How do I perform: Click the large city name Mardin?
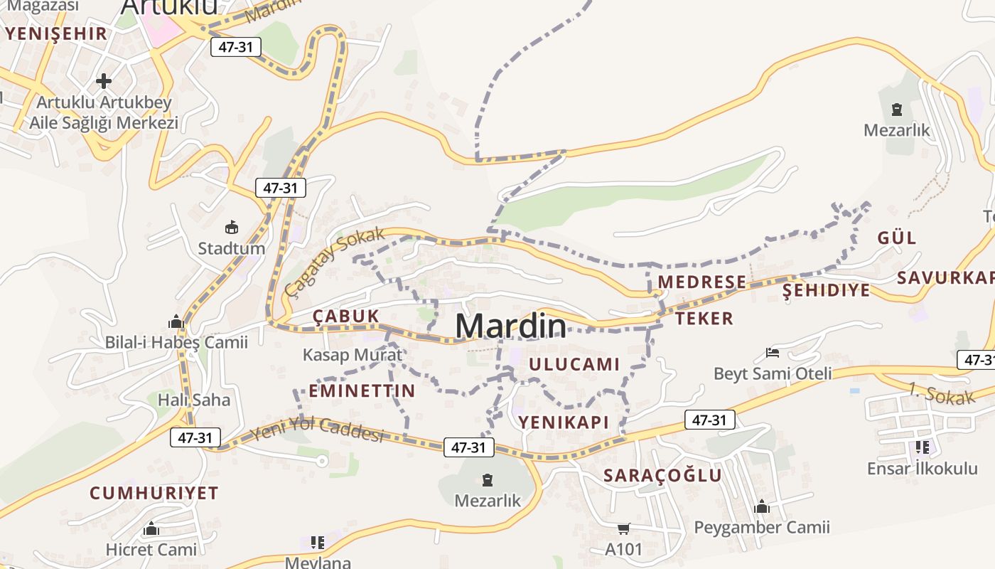[x=511, y=326]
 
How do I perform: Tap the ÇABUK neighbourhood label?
[x=346, y=316]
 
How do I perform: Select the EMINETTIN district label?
[x=362, y=390]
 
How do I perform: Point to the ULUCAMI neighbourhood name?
[x=574, y=364]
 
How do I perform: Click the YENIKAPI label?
[x=564, y=422]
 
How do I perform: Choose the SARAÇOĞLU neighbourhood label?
[x=662, y=475]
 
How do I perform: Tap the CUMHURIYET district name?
[x=154, y=493]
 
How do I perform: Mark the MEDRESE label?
[x=701, y=282]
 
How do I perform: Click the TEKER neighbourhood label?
[x=704, y=318]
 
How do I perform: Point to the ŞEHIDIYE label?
[x=826, y=290]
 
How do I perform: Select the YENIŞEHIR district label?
[x=56, y=33]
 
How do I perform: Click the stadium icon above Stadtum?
[x=231, y=228]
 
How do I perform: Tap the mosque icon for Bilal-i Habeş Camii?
[x=176, y=322]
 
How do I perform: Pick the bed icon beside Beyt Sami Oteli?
[x=773, y=353]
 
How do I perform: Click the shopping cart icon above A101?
[x=623, y=528]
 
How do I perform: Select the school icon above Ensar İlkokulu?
[x=922, y=447]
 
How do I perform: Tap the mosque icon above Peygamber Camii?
[x=762, y=506]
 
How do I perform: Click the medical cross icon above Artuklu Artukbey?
[x=104, y=81]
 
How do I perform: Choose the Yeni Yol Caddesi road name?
[x=317, y=428]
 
